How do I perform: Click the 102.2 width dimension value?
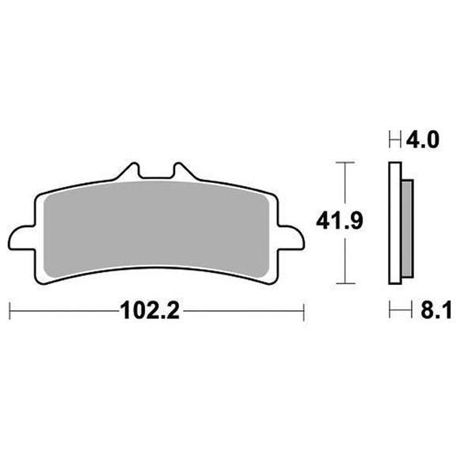150,310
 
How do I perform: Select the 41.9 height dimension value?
340,221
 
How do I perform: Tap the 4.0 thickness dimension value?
423,140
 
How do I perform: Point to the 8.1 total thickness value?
436,310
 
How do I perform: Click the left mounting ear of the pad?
21,238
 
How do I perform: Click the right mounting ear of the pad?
291,238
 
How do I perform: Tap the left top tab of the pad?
129,171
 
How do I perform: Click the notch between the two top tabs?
156,177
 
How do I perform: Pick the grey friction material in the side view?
407,229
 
